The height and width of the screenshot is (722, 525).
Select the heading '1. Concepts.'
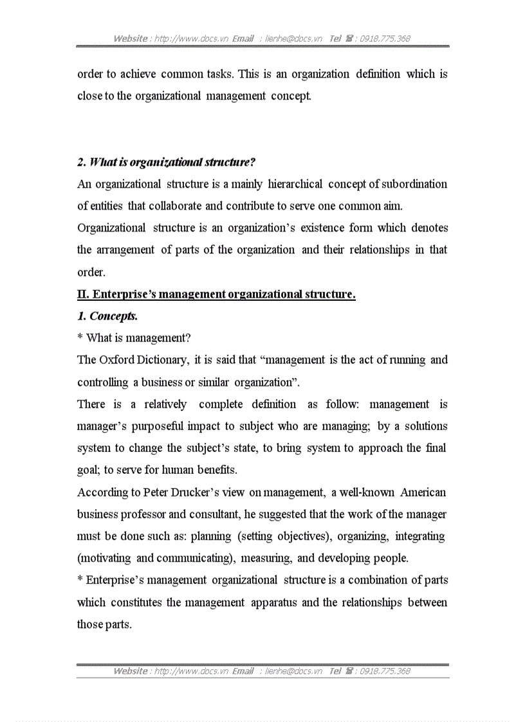tap(107, 316)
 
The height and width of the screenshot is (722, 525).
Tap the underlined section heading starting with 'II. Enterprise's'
tap(216, 294)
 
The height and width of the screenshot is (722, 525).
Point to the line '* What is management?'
tap(134, 338)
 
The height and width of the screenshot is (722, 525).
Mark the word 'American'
tap(423, 492)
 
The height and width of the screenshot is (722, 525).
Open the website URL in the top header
tap(191, 39)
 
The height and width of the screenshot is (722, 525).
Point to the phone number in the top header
tap(384, 39)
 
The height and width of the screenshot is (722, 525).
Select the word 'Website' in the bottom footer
tap(131, 671)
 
